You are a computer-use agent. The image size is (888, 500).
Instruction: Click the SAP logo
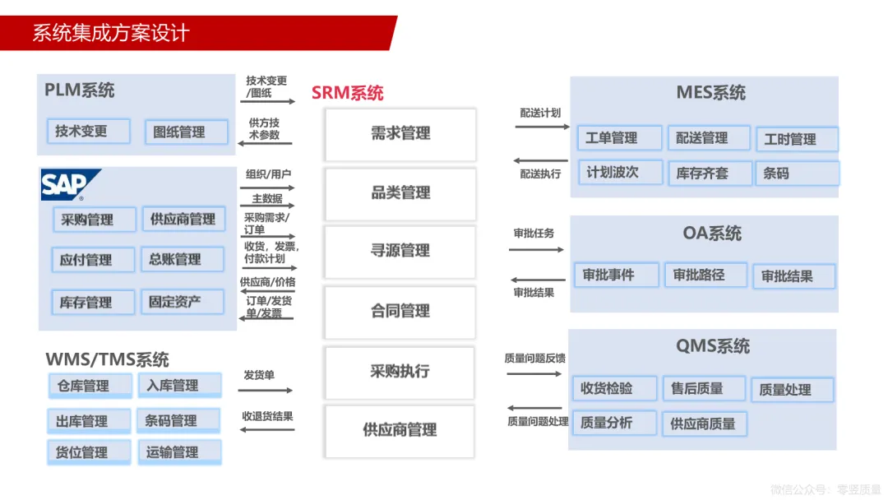pos(70,185)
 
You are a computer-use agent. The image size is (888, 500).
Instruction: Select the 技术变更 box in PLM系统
pos(88,131)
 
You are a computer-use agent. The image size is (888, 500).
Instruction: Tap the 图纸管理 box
pos(186,132)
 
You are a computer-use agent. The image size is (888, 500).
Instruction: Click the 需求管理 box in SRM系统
pos(400,134)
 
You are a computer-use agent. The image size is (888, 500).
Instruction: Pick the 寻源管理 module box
pos(400,251)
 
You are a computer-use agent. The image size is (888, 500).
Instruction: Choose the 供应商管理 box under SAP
pos(183,220)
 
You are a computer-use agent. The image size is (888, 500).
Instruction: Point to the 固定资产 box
pos(182,302)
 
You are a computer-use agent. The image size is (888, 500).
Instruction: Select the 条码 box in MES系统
pos(797,174)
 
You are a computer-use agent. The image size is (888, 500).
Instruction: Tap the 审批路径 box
pos(705,275)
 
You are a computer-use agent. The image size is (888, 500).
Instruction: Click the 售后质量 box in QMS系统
pos(703,388)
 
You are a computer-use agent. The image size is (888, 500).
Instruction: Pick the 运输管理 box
pos(178,452)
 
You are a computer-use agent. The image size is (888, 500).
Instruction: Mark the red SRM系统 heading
pos(347,93)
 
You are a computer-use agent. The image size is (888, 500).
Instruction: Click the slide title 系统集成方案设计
pos(111,33)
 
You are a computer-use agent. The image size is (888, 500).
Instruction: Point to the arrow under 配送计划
pos(540,127)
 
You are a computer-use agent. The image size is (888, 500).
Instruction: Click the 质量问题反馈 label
pos(535,359)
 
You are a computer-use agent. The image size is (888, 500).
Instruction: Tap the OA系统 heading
pos(712,234)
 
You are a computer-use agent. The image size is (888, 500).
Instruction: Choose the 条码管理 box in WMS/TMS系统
pos(178,421)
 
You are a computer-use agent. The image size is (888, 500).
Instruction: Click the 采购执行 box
pos(400,372)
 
